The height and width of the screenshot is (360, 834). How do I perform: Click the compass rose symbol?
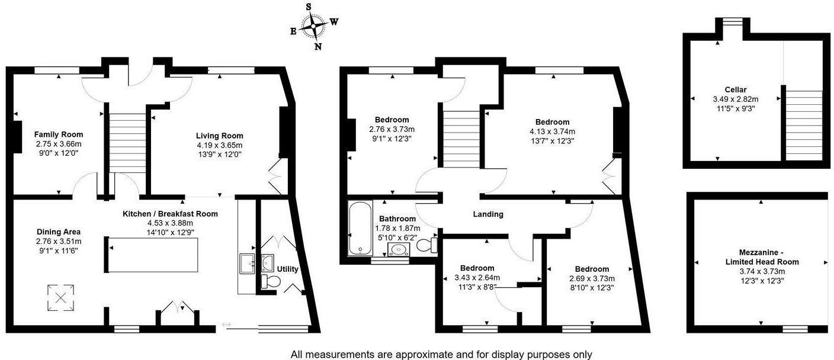313,26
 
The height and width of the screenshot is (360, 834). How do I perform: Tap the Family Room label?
58,134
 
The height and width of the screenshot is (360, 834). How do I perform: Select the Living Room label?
220,136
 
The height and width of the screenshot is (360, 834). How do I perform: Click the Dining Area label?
59,232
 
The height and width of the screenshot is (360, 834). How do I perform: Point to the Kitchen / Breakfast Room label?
170,214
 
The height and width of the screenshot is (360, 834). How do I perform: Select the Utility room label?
288,269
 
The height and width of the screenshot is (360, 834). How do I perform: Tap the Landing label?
488,214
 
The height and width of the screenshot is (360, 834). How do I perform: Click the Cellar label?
735,89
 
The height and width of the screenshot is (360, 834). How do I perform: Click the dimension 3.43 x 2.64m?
477,278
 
